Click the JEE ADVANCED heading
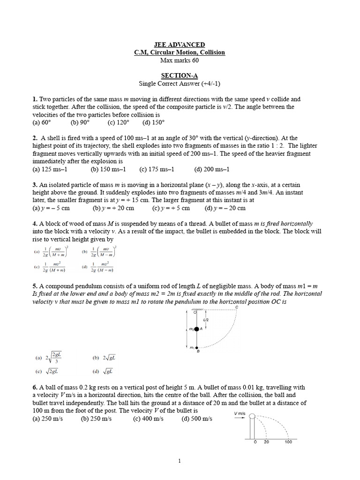[x=180, y=45]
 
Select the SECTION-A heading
[x=180, y=75]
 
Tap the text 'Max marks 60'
[x=180, y=60]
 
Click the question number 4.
[x=35, y=224]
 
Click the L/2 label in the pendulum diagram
[x=206, y=320]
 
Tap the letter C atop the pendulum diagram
[x=237, y=307]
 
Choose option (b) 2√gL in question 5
[x=104, y=358]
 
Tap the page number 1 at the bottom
[x=180, y=461]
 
